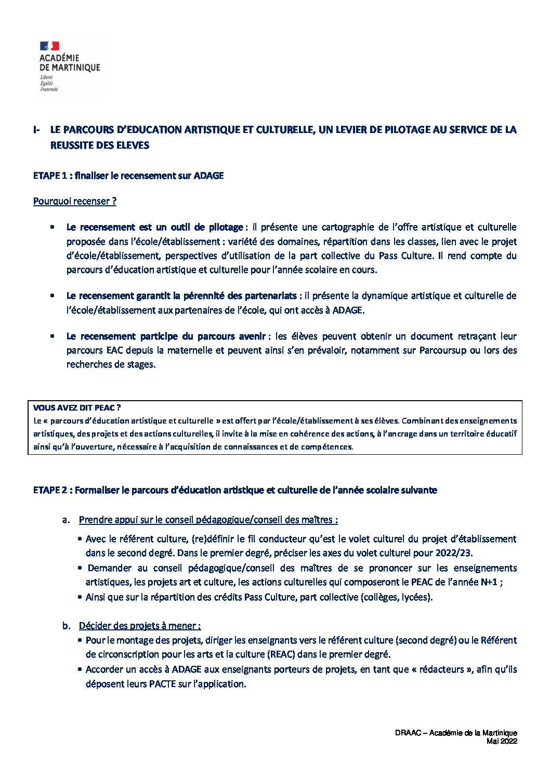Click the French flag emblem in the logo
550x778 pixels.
(49, 46)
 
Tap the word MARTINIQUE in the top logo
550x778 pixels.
(76, 68)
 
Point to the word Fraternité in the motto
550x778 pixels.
(49, 89)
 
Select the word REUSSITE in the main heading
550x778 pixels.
(71, 146)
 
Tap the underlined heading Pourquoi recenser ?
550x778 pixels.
(74, 201)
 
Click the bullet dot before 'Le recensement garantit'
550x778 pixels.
(53, 296)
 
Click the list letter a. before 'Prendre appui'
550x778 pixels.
(66, 520)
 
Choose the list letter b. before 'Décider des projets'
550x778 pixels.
(66, 626)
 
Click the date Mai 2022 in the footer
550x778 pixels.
(502, 742)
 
